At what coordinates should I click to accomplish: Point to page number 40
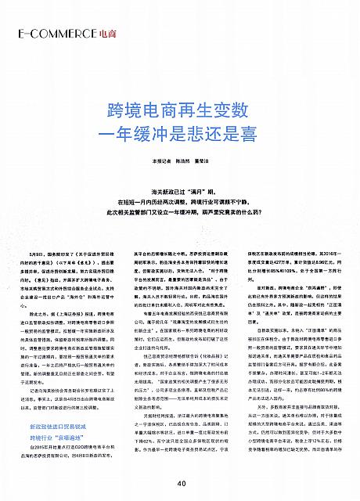181,483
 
